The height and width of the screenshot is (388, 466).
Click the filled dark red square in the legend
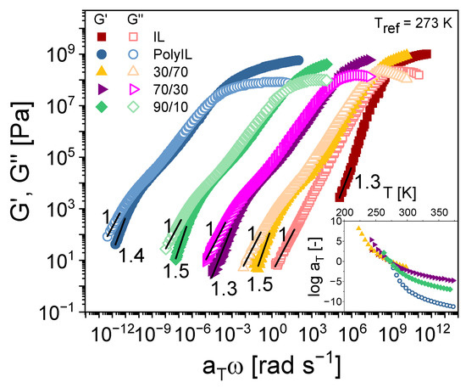click(101, 37)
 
